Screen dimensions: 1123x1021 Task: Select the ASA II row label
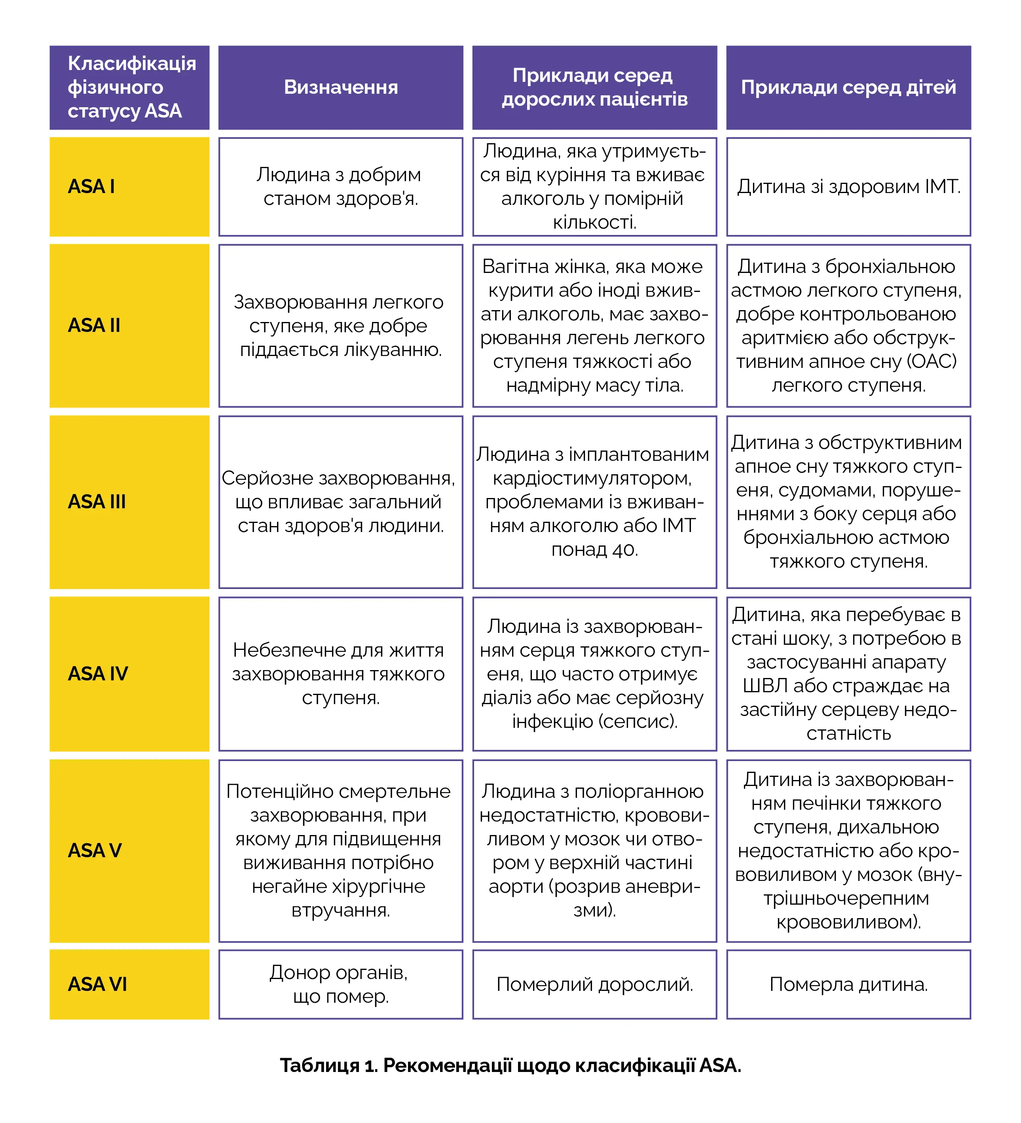pyautogui.click(x=94, y=325)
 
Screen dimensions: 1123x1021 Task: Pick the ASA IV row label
pyautogui.click(x=98, y=674)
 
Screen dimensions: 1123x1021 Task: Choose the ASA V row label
pyautogui.click(x=95, y=850)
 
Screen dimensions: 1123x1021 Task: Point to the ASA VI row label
pyautogui.click(x=97, y=984)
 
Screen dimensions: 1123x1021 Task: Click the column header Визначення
pyautogui.click(x=340, y=87)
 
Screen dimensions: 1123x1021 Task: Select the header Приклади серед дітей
pyautogui.click(x=848, y=87)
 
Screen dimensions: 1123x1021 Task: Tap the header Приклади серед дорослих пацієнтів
pyautogui.click(x=594, y=87)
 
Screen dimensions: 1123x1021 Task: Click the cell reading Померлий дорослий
pyautogui.click(x=594, y=984)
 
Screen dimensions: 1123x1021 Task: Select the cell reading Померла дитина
pyautogui.click(x=848, y=984)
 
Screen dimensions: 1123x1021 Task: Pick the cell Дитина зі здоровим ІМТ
pyautogui.click(x=848, y=187)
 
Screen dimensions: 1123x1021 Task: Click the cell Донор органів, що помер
pyautogui.click(x=340, y=984)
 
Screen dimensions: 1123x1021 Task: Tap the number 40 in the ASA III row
pyautogui.click(x=624, y=550)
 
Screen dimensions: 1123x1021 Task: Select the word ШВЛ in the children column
pyautogui.click(x=765, y=686)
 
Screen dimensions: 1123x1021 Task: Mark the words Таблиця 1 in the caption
pyautogui.click(x=329, y=1066)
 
